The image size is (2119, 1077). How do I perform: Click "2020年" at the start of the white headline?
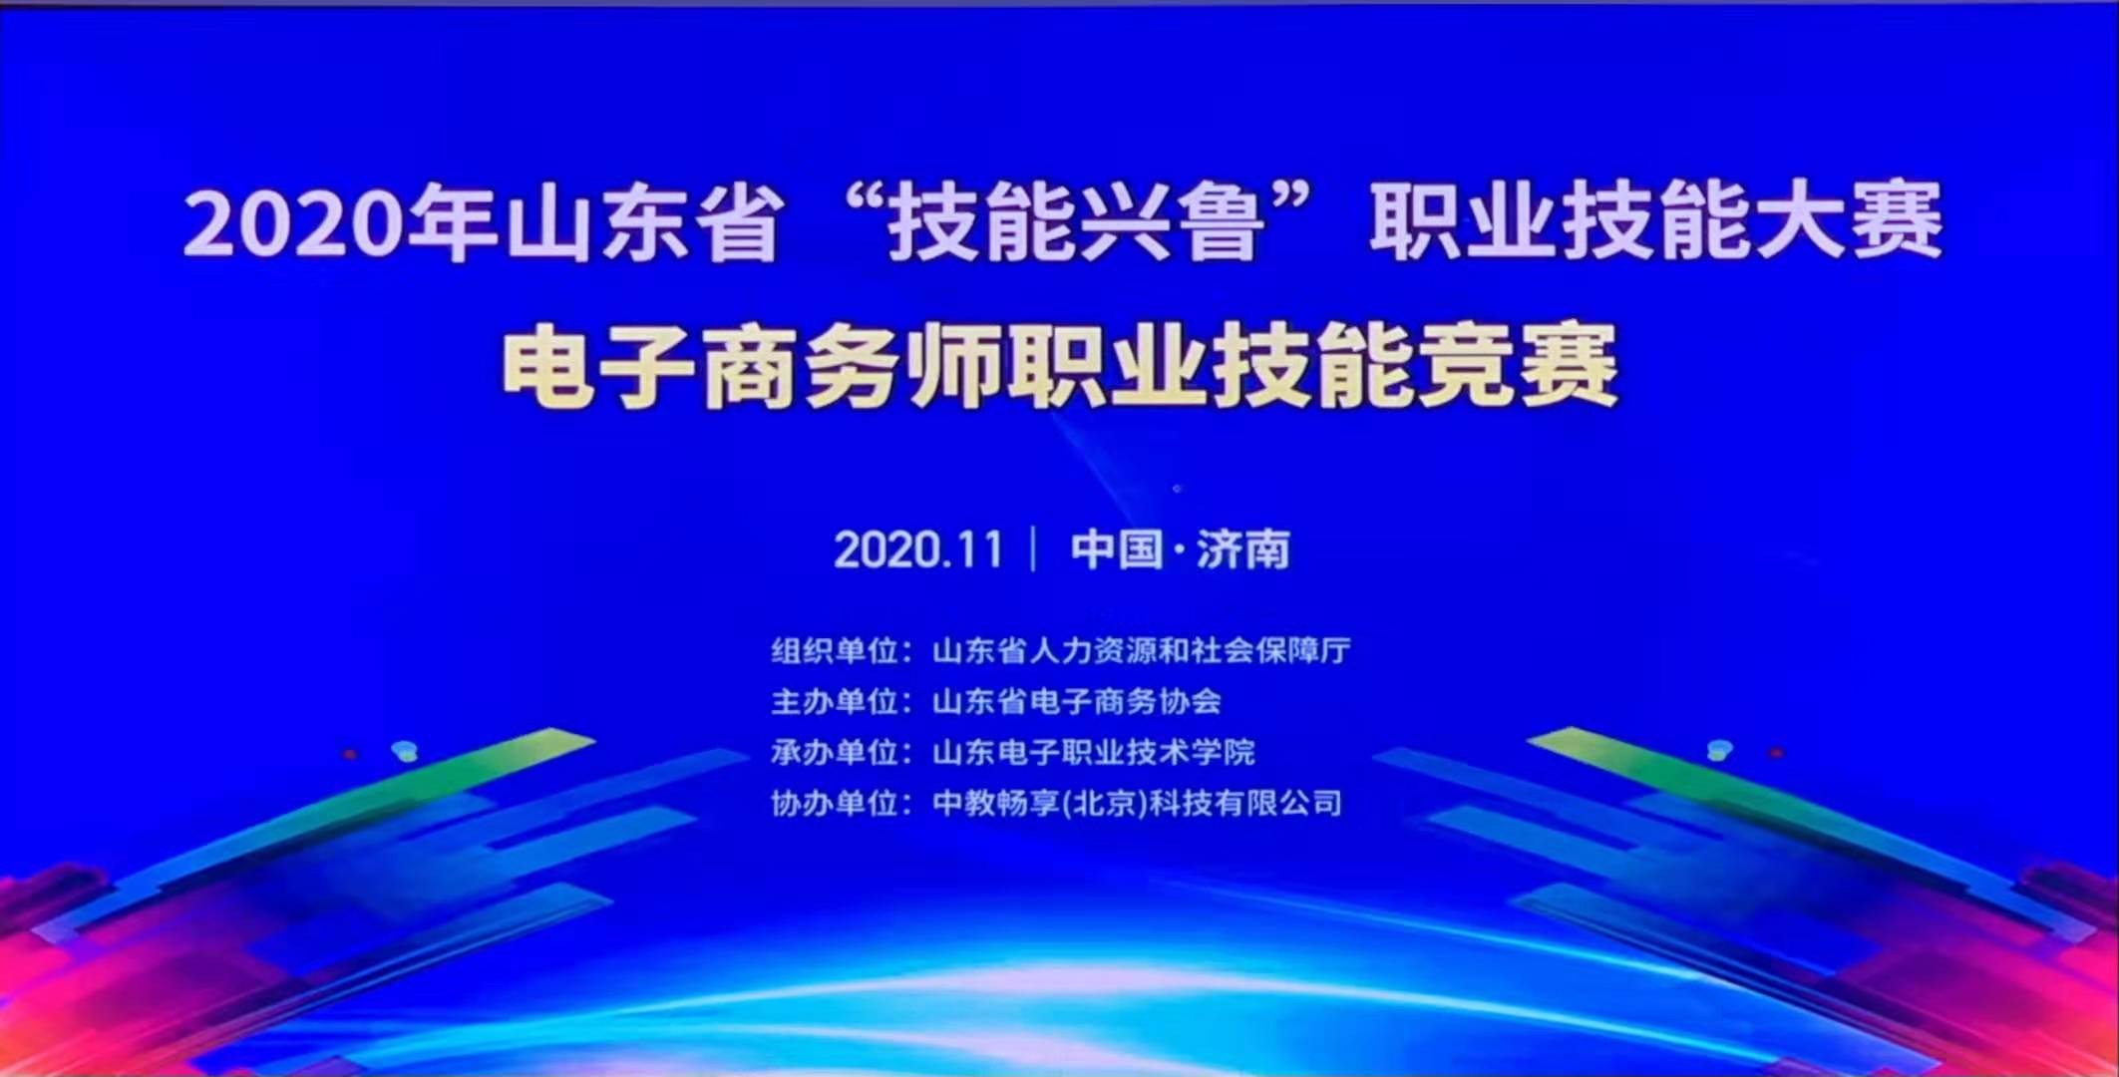[339, 222]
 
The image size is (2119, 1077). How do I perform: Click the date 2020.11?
[918, 549]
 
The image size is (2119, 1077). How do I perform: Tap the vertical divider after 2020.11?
[1033, 549]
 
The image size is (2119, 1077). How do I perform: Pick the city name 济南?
[1242, 549]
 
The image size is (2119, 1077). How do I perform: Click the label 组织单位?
[835, 650]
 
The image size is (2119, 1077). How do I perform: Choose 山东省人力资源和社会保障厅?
[1142, 650]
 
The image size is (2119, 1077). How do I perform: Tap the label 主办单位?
[835, 701]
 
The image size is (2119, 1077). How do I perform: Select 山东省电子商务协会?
[1077, 701]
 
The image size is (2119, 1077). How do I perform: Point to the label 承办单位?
[835, 752]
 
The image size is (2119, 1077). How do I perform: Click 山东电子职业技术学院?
[1093, 752]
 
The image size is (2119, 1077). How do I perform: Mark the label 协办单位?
[835, 803]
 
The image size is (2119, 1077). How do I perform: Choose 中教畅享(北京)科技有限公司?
[1138, 803]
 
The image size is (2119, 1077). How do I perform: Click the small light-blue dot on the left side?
[405, 750]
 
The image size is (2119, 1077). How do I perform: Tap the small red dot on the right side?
[1776, 753]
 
